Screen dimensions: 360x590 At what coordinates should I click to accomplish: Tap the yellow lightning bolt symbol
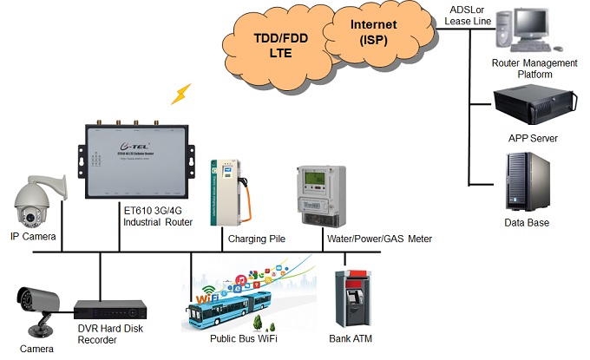182,92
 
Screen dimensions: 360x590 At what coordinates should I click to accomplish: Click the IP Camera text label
33,237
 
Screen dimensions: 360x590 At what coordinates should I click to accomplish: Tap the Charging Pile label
256,238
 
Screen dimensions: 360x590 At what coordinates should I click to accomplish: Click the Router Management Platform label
534,69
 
